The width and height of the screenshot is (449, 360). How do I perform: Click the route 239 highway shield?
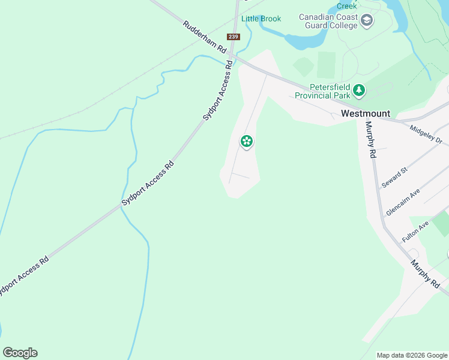(x=234, y=37)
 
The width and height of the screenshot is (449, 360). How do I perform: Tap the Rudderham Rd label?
(x=205, y=36)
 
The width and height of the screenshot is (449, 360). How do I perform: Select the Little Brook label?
(x=261, y=19)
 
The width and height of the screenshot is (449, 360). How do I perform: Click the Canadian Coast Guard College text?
(x=328, y=21)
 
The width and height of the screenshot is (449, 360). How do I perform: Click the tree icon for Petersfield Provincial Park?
(x=359, y=91)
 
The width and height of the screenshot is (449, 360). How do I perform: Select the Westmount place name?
(x=365, y=113)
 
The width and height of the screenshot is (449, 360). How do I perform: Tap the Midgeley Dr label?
(x=426, y=135)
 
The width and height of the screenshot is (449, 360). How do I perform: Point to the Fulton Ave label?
(x=415, y=231)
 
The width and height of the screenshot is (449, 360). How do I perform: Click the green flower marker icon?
(x=246, y=142)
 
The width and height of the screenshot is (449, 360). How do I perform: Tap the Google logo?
(x=20, y=353)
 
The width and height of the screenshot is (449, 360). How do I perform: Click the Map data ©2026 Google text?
(x=411, y=355)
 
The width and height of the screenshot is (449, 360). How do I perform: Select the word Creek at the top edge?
(x=346, y=5)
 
